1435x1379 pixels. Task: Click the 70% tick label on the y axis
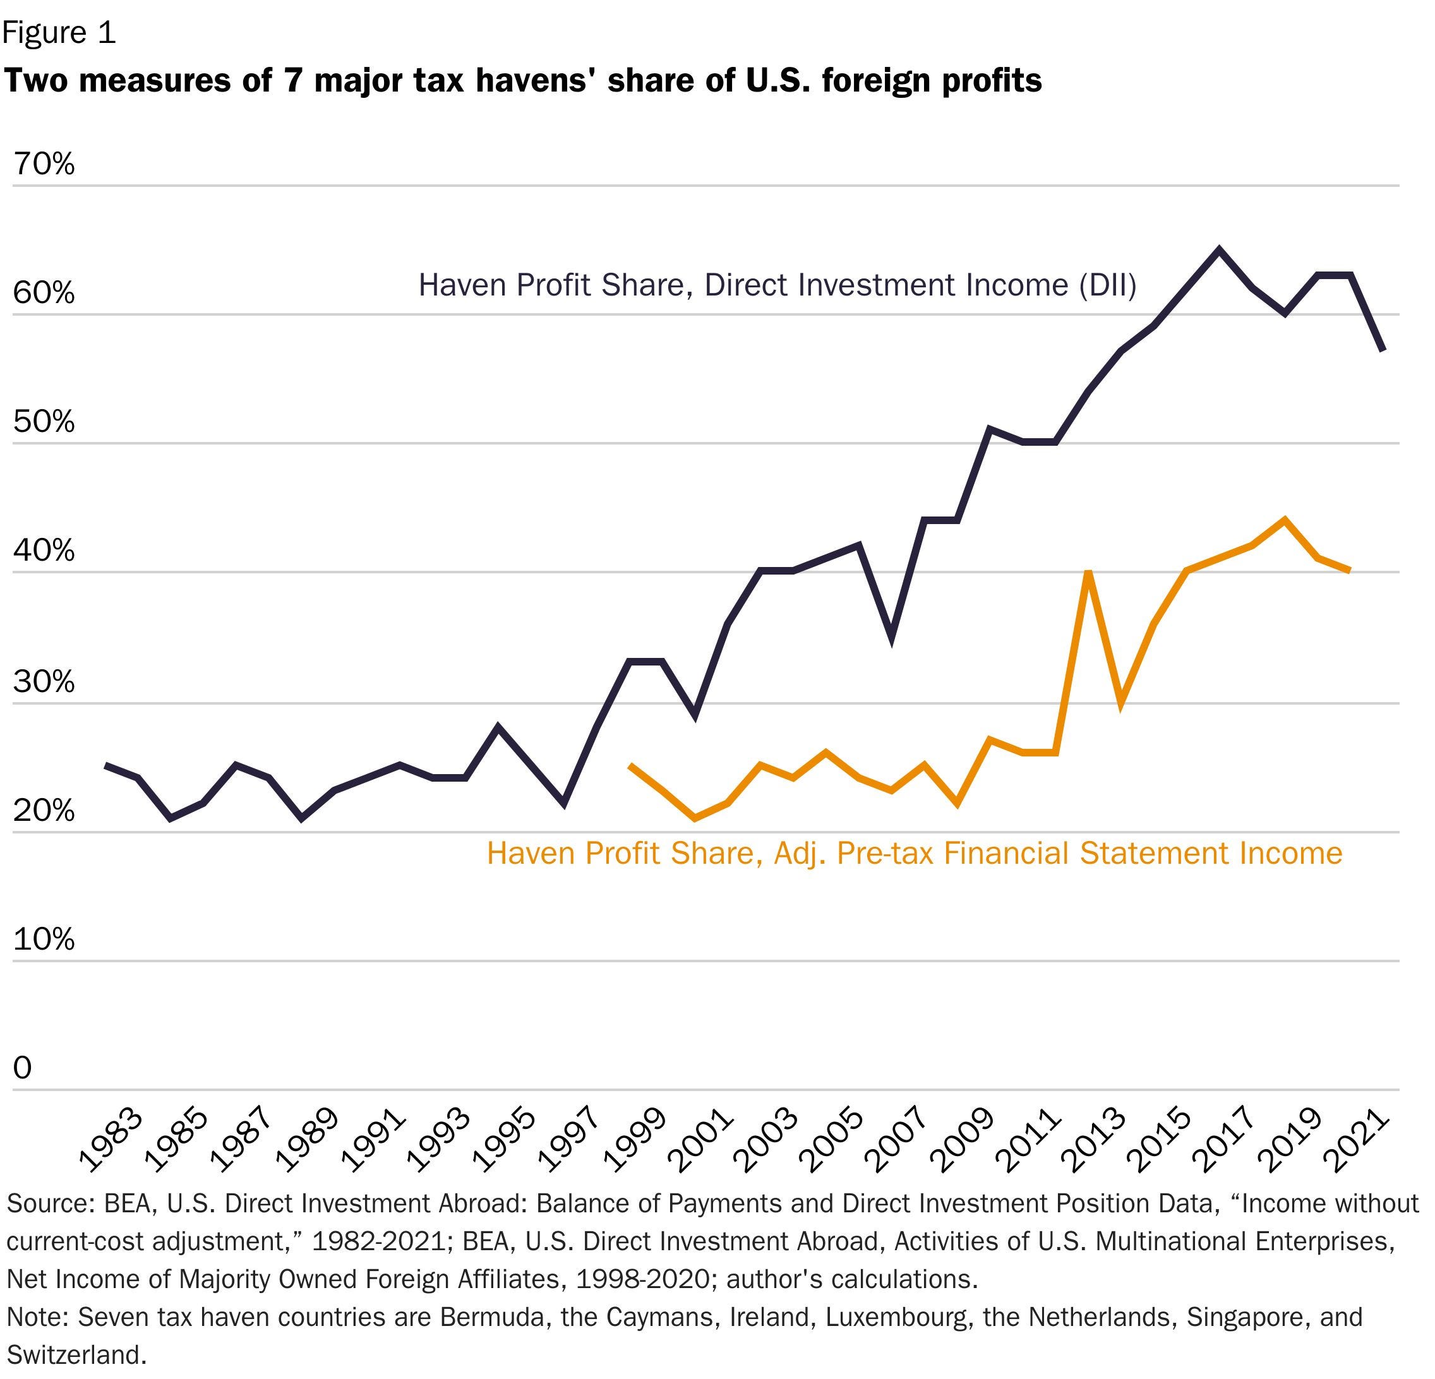[44, 164]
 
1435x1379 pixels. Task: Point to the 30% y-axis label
[44, 681]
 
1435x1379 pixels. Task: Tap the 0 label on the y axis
[23, 1068]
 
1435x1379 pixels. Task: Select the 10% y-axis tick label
[44, 938]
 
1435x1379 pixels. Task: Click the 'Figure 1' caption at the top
[59, 33]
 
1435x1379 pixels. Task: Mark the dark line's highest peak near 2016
[1218, 249]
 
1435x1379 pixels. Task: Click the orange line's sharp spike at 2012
[1088, 573]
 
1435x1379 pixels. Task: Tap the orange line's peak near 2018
[1284, 520]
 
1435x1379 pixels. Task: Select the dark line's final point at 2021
[1383, 350]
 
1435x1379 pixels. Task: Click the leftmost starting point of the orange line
[630, 766]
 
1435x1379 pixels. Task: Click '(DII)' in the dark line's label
[1107, 285]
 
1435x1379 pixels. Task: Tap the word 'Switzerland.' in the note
[77, 1354]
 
